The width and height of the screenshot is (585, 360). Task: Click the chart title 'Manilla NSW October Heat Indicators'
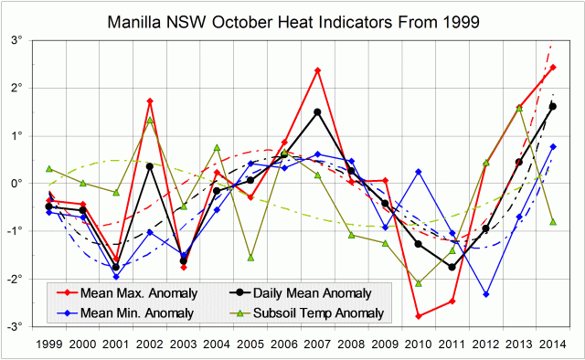click(x=292, y=19)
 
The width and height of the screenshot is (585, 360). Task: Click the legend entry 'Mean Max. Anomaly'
click(x=125, y=293)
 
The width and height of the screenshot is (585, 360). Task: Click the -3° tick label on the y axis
click(x=27, y=326)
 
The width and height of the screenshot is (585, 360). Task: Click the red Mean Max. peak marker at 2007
click(x=317, y=70)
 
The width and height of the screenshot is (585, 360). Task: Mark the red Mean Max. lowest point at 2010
click(x=419, y=316)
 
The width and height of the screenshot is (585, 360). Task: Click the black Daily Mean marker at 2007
click(x=317, y=112)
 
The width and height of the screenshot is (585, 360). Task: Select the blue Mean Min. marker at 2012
click(x=485, y=294)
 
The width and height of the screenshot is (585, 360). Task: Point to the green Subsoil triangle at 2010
click(x=419, y=283)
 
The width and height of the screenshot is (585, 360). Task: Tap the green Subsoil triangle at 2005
click(x=250, y=258)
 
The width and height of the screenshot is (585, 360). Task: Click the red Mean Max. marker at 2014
click(x=552, y=68)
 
